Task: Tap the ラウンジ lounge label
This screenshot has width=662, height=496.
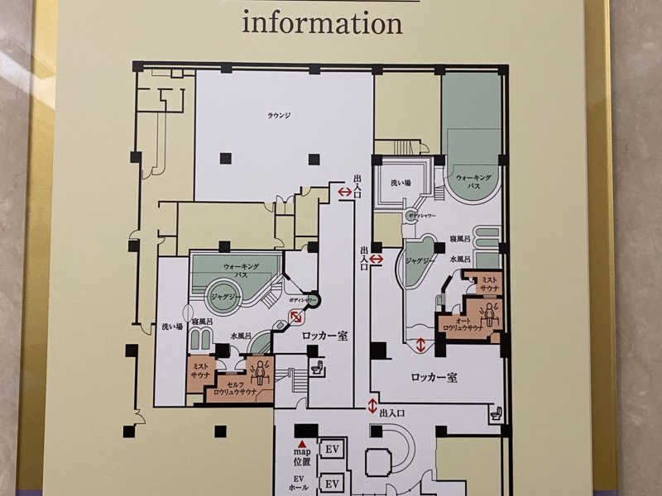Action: tap(277, 115)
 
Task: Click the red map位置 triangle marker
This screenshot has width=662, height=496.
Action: tap(302, 444)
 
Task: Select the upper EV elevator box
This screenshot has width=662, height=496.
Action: tap(332, 449)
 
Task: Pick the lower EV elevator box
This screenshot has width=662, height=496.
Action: tap(332, 483)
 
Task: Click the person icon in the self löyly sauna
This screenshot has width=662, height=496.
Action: tap(262, 370)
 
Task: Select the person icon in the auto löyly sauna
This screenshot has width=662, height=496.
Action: tap(488, 312)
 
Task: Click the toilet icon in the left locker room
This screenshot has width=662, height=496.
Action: tap(318, 369)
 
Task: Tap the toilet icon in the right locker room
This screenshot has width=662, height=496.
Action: tap(495, 413)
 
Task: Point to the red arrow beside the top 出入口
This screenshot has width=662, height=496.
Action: tap(344, 192)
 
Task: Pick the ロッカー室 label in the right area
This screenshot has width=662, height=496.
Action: tap(434, 377)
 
